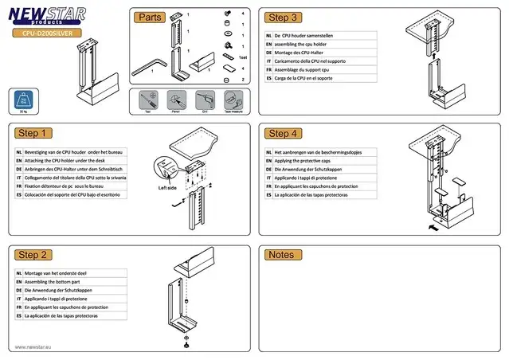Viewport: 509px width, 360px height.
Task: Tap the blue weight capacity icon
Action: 23,100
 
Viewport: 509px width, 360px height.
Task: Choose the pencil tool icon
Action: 175,100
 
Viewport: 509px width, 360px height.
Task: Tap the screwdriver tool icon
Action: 147,100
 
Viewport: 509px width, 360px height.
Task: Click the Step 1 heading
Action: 33,133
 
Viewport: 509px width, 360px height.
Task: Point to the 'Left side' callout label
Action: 166,188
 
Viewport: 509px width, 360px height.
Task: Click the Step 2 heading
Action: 33,255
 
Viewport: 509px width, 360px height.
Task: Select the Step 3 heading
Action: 284,18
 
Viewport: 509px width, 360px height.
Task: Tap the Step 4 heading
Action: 284,133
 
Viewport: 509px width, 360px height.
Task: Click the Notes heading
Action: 282,255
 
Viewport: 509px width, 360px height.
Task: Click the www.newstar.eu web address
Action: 34,347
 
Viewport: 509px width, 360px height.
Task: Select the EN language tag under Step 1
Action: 19,160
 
